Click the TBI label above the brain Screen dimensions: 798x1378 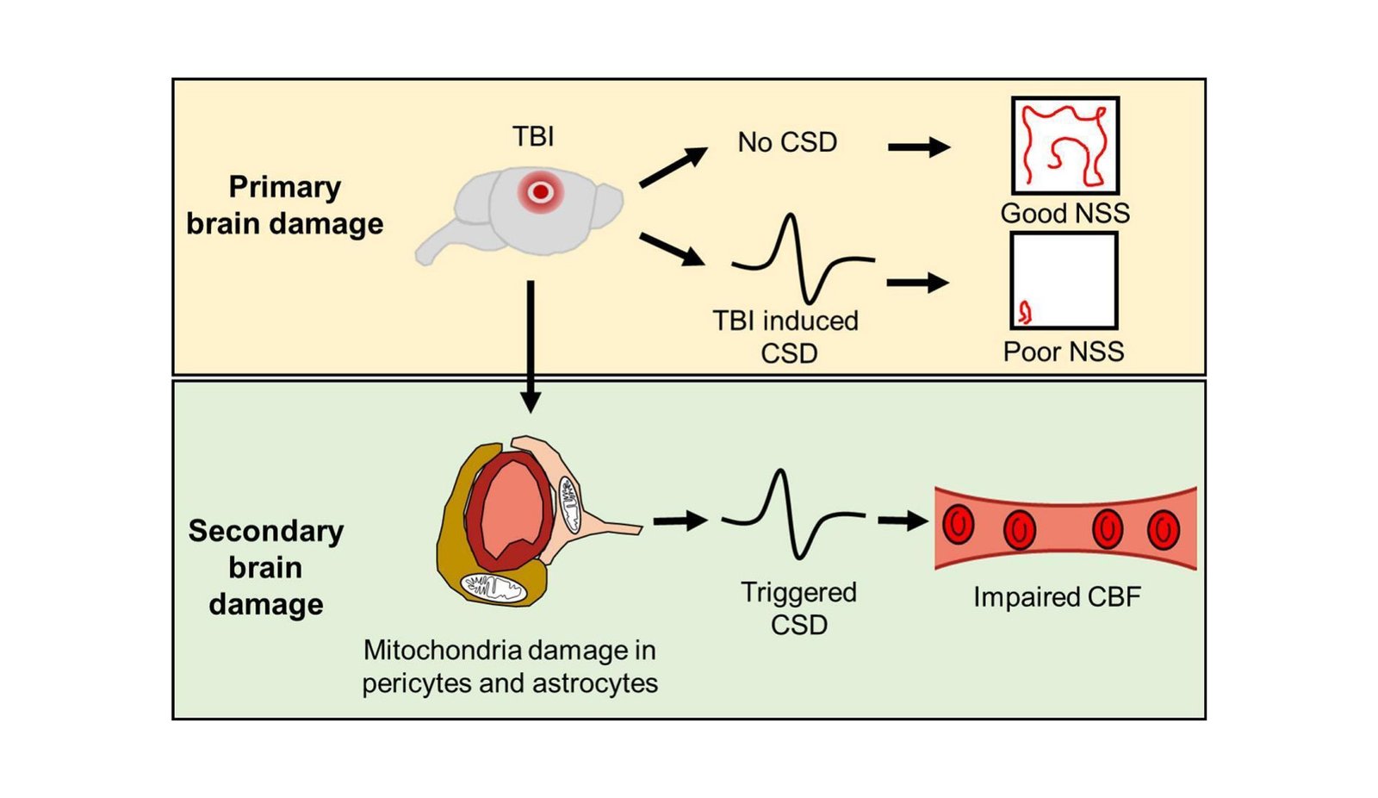coord(533,136)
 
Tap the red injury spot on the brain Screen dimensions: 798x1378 coord(540,192)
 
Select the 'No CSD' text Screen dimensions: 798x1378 coord(787,142)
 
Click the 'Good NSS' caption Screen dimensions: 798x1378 coord(1065,213)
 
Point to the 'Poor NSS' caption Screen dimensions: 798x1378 coord(1064,352)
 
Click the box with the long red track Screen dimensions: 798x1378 coord(1065,145)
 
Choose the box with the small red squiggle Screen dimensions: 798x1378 coord(1065,281)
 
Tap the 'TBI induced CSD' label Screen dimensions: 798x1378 coord(786,337)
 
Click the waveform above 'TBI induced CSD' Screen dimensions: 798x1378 coord(803,259)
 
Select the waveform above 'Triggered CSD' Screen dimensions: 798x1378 coord(792,515)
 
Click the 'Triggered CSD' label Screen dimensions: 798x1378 coord(798,608)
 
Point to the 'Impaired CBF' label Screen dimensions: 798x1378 coord(1057,597)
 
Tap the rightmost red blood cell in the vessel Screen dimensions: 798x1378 coord(1163,529)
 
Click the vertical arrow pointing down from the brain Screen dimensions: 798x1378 coord(531,345)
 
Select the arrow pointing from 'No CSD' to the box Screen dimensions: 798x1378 coord(918,147)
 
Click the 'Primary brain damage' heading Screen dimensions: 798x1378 coord(284,205)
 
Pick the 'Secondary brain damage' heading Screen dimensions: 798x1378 coord(265,567)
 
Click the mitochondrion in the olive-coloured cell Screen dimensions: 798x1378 coord(493,589)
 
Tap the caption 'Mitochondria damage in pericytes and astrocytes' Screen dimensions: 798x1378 coord(510,666)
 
